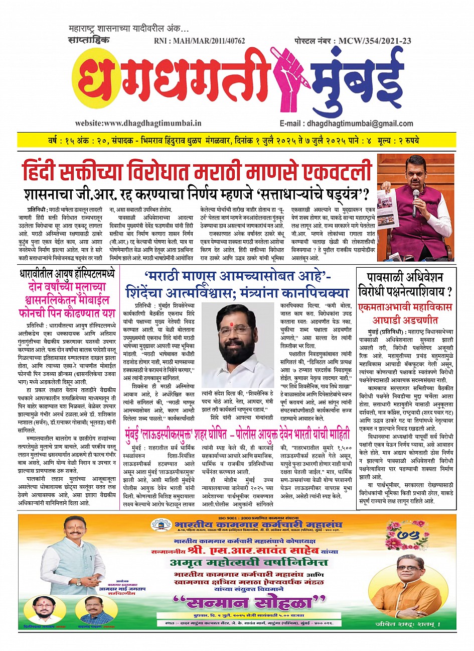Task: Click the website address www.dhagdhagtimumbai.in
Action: click(138, 123)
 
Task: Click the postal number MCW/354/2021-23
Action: click(357, 41)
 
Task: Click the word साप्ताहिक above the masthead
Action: click(89, 41)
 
